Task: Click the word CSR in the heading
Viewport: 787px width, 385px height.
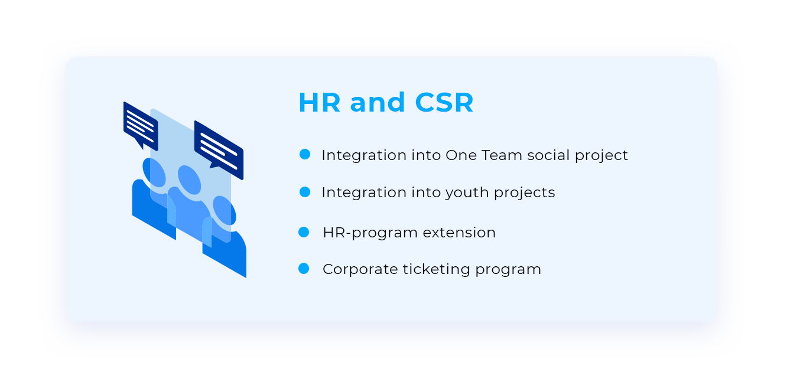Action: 444,102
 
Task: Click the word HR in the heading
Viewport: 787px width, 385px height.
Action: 320,102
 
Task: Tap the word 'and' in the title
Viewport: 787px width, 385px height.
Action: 378,102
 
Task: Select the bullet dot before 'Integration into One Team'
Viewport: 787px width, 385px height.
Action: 305,154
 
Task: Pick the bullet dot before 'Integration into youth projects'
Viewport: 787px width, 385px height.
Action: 305,192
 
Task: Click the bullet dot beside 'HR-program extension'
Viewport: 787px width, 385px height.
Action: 304,232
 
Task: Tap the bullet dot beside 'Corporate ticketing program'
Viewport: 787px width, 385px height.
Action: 304,268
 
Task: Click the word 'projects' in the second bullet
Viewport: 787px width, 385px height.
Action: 524,193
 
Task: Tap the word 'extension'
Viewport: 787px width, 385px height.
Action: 459,233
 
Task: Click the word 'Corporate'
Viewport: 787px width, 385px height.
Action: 360,269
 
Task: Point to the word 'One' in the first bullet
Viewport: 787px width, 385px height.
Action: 461,155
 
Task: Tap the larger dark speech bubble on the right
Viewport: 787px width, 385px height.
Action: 219,150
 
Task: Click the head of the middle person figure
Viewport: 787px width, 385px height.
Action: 190,180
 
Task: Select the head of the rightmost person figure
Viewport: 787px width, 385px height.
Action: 225,210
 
